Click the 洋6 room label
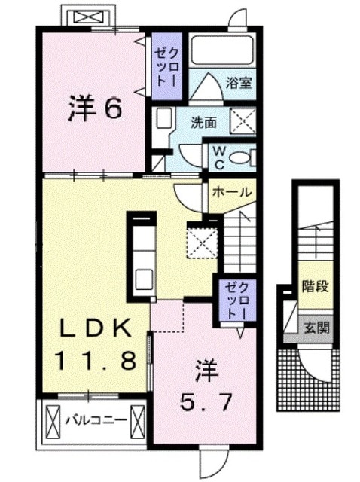point(94,110)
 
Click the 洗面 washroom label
point(203,120)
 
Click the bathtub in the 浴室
point(221,50)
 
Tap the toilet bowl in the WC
point(242,157)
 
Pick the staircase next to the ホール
point(240,233)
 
